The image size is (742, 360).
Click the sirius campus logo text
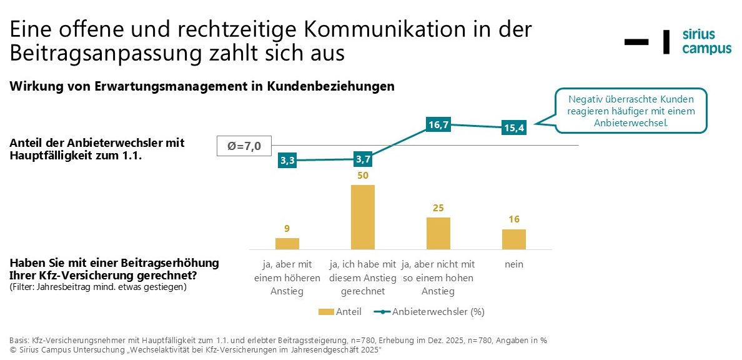(x=706, y=42)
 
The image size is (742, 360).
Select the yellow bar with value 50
(x=363, y=217)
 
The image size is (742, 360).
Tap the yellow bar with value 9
(x=287, y=243)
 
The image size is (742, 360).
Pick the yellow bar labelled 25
(x=438, y=233)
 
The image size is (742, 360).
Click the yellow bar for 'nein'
(x=514, y=239)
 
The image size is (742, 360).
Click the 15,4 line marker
(x=514, y=128)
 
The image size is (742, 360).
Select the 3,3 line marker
(x=287, y=161)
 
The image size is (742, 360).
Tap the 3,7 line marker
(x=363, y=159)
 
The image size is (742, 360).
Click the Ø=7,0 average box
(x=244, y=147)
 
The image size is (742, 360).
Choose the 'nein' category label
(x=514, y=264)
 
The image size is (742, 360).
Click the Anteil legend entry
(x=340, y=311)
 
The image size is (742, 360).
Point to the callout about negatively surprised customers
(x=631, y=111)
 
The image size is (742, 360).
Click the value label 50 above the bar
(x=363, y=175)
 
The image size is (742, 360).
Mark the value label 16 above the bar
(x=514, y=219)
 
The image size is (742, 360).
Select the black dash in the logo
(x=636, y=42)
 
